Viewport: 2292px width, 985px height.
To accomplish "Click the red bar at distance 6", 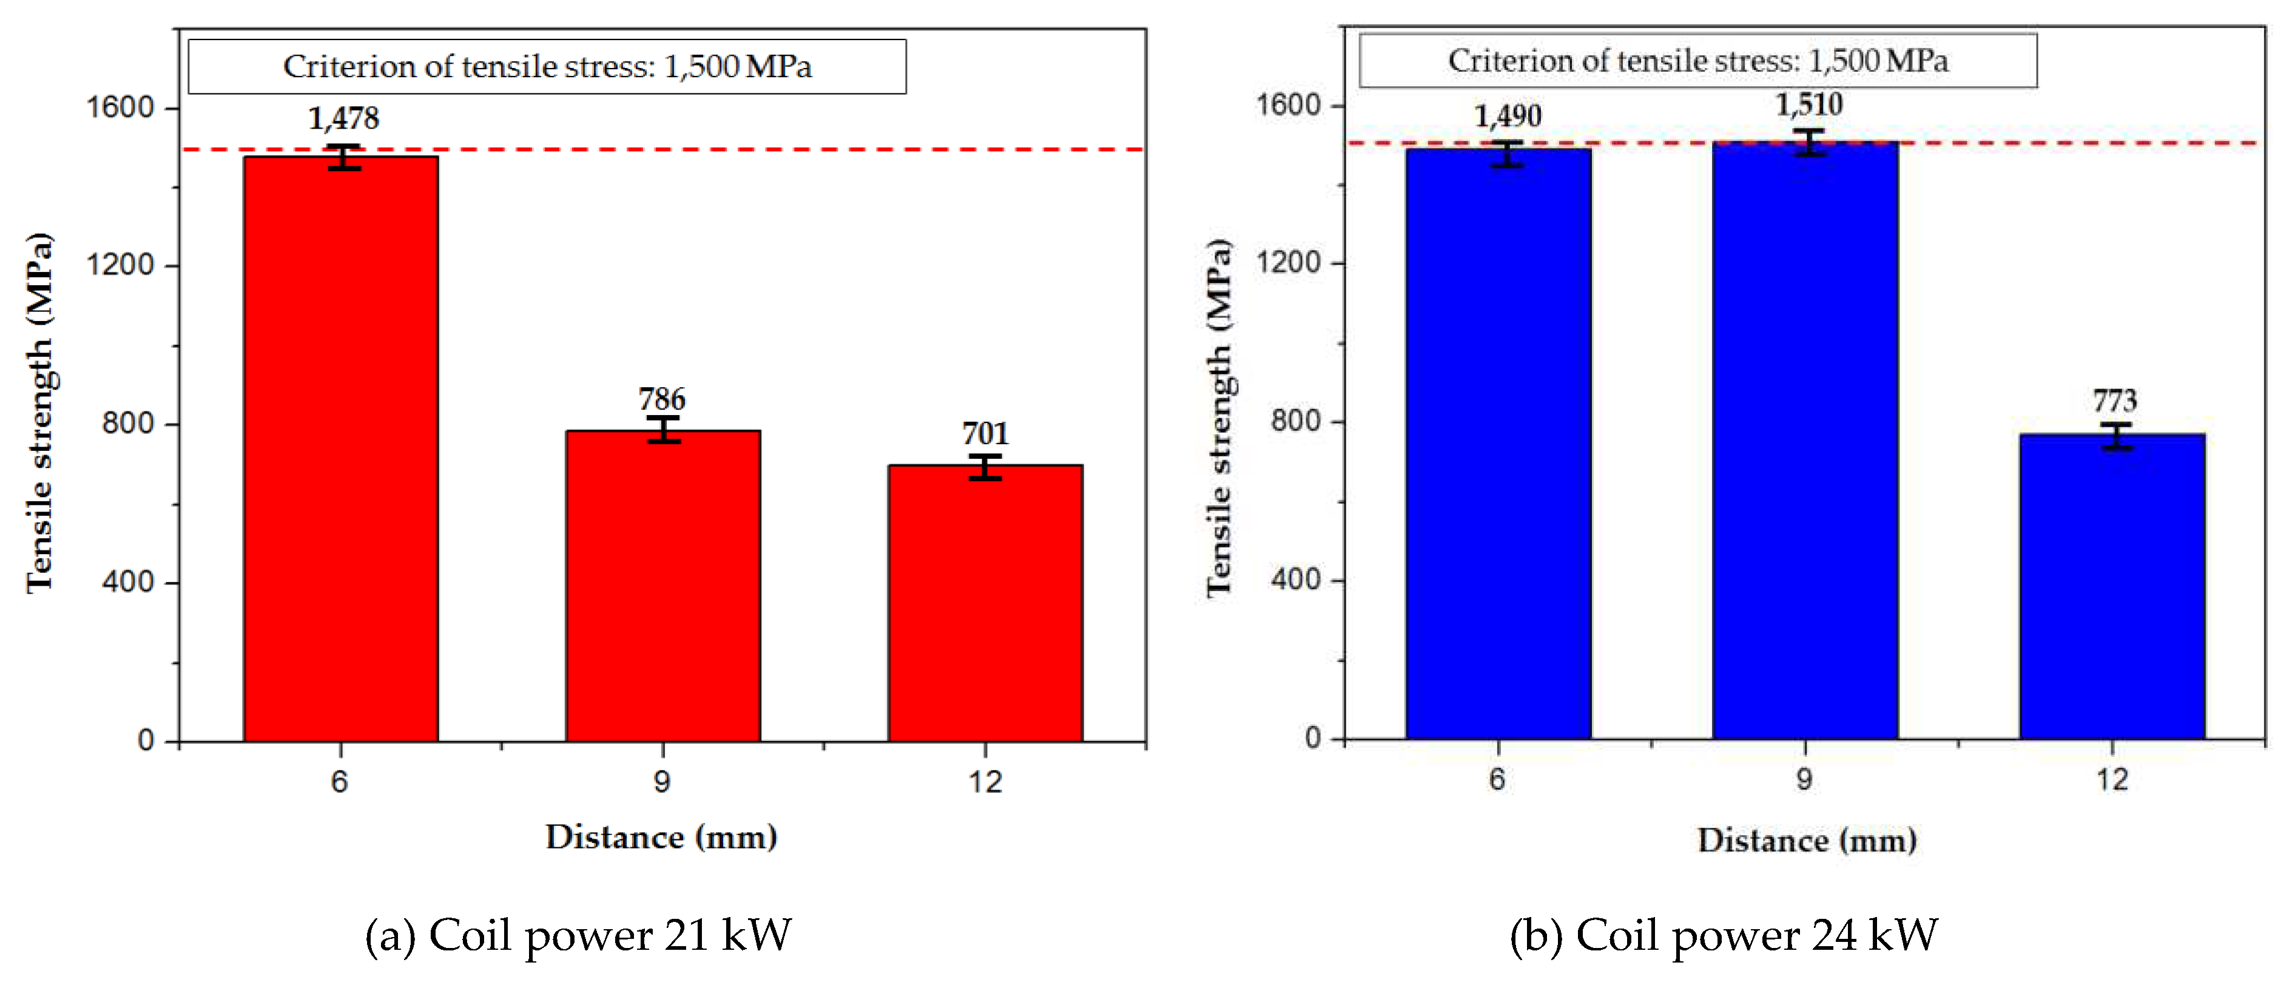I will coord(341,449).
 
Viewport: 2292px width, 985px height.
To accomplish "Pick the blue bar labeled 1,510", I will coord(1805,441).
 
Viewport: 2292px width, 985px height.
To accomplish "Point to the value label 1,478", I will coord(343,118).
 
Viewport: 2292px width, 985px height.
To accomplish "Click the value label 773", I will coord(2114,401).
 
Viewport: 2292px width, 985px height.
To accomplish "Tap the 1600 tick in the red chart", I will coord(120,107).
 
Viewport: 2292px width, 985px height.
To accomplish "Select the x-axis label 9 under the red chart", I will coord(662,782).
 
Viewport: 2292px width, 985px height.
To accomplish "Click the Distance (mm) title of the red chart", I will coord(661,838).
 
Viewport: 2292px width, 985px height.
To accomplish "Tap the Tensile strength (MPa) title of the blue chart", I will coord(1219,418).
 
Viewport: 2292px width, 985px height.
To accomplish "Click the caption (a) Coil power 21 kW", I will coord(578,935).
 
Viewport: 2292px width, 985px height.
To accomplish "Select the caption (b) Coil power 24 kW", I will coord(1724,935).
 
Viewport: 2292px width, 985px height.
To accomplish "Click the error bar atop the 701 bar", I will coord(985,467).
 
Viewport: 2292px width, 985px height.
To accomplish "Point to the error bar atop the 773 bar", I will coord(2117,436).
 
